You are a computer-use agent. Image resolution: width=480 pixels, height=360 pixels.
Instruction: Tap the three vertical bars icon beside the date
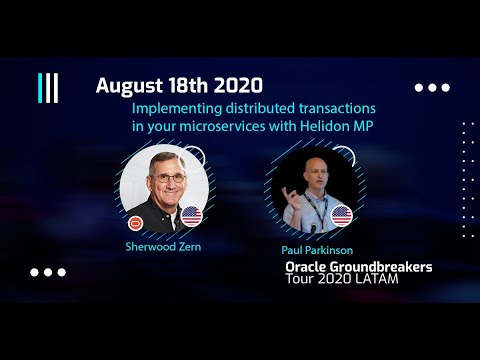click(x=48, y=88)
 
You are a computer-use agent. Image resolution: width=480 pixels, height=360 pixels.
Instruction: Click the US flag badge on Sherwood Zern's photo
click(x=191, y=216)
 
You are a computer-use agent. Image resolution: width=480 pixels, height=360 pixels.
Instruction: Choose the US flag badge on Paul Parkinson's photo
click(x=342, y=215)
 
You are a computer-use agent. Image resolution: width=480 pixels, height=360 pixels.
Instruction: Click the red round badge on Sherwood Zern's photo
click(x=135, y=222)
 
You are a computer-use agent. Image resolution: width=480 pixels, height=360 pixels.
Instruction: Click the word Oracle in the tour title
click(x=308, y=268)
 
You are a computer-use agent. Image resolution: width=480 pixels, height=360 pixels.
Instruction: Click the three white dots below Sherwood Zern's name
click(x=47, y=272)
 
